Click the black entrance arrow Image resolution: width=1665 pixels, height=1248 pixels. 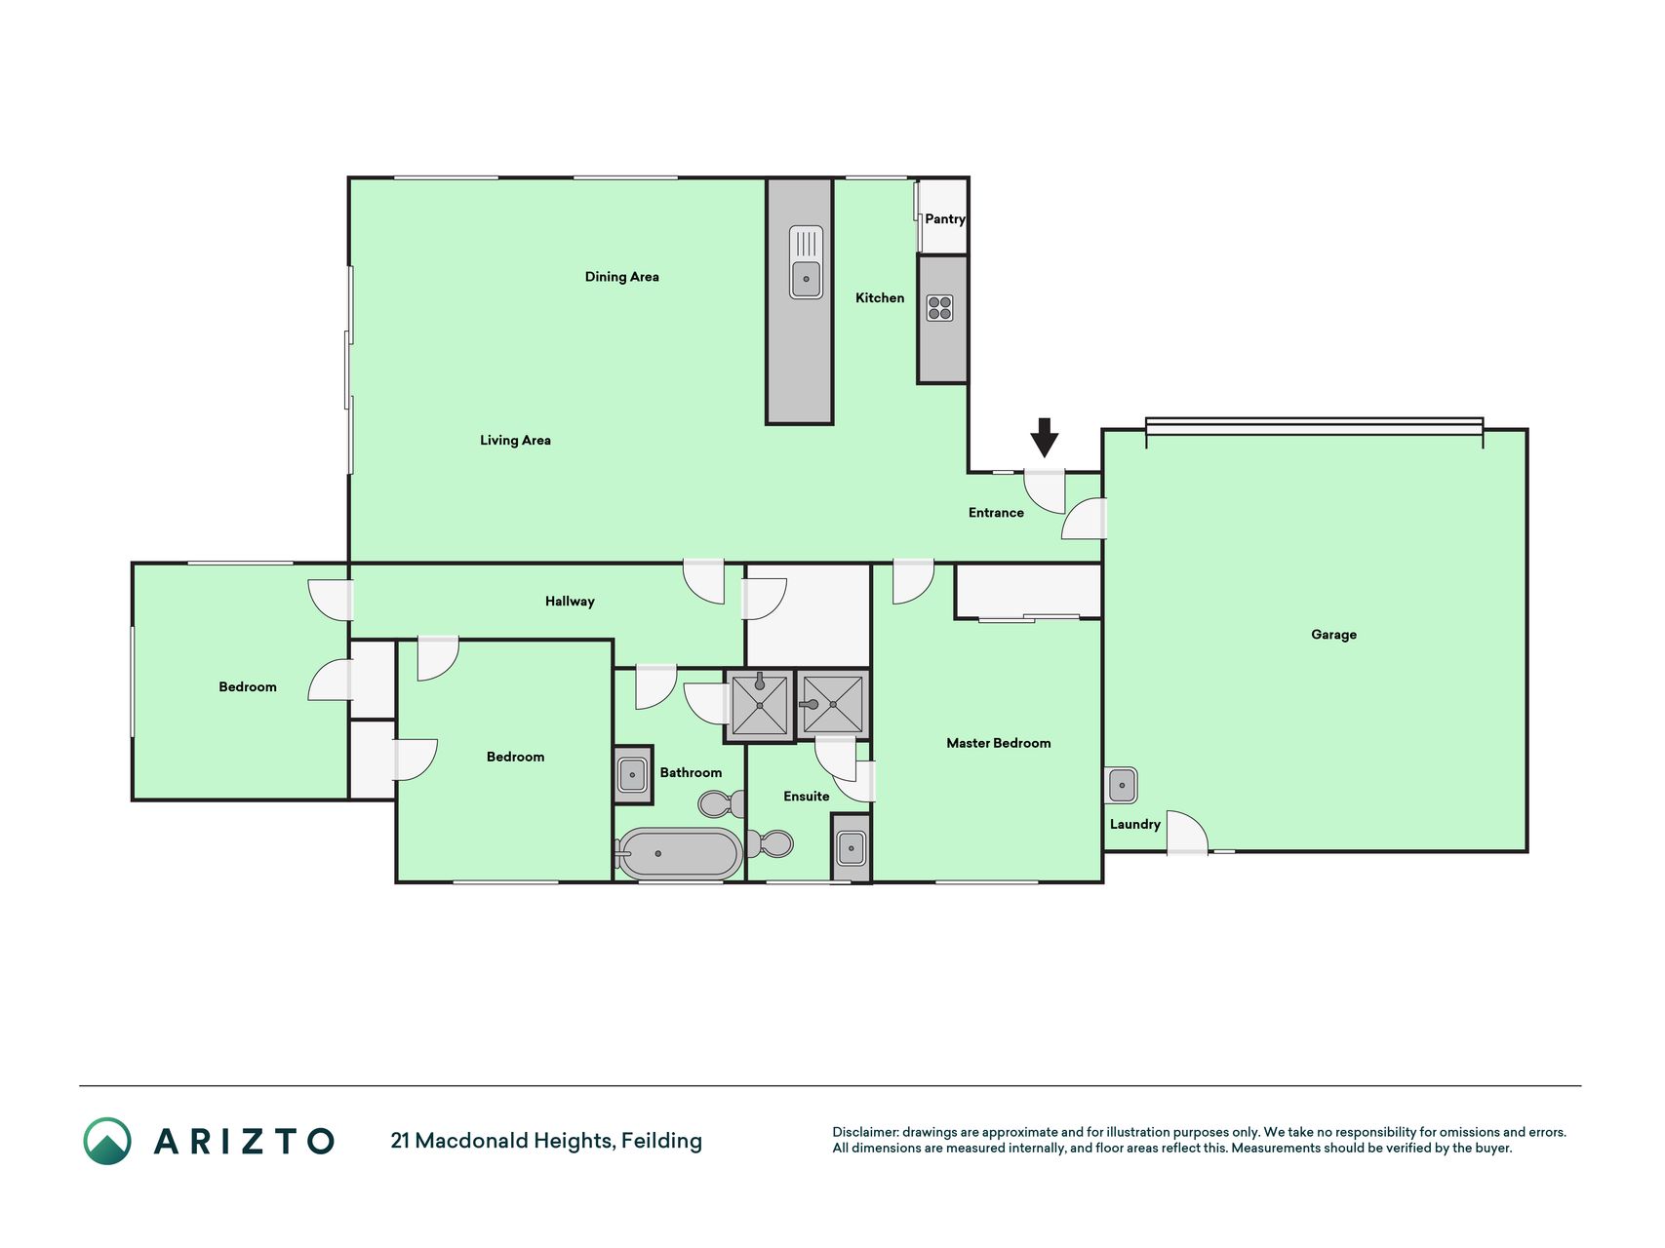coord(1045,438)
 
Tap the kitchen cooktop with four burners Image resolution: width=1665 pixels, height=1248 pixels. coord(940,308)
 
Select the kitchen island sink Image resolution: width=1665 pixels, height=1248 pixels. coord(806,262)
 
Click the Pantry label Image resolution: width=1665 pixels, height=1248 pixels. coord(945,219)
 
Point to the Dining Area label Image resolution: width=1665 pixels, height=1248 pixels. coord(622,277)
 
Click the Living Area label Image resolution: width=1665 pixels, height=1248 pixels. coord(515,441)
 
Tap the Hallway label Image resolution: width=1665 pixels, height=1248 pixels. coord(570,602)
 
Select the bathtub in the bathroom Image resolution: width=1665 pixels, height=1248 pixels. coord(678,854)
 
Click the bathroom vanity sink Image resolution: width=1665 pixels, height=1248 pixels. coord(632,775)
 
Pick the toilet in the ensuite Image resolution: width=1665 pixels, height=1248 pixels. coord(771,843)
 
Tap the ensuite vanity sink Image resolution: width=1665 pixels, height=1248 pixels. coord(852,848)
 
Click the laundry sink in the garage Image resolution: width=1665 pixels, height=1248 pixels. coord(1122,785)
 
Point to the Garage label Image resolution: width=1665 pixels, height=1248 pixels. coord(1334,635)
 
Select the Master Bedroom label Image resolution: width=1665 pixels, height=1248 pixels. coord(999,743)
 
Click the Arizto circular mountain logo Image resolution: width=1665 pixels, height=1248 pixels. coord(107,1141)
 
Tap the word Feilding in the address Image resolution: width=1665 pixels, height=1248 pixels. coord(661,1141)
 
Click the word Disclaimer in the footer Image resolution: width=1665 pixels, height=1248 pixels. coord(865,1132)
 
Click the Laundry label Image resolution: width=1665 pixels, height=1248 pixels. coord(1135,825)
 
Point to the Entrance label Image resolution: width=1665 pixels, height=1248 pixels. coord(996,513)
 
